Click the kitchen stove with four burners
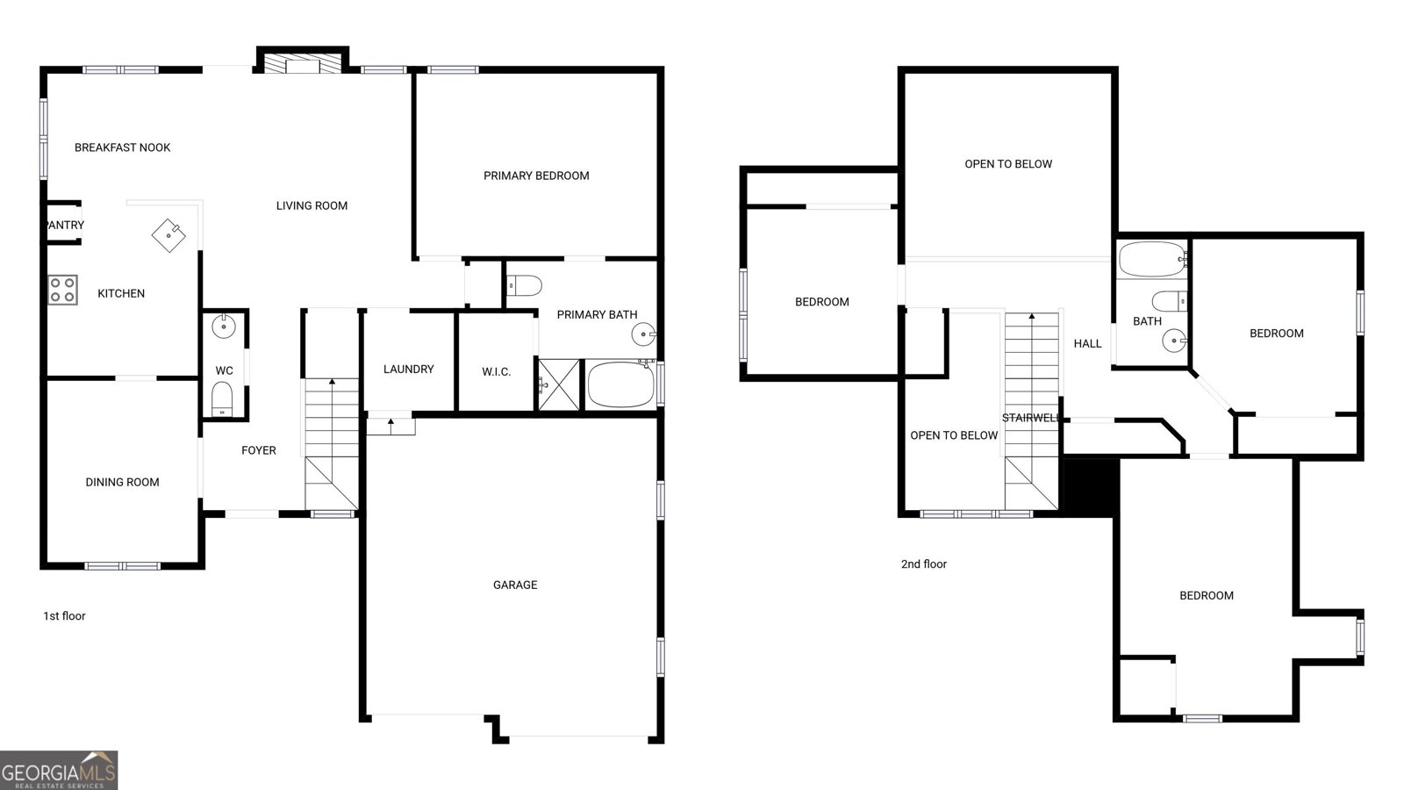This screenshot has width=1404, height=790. pos(62,290)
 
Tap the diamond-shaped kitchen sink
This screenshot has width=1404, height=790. pos(168,235)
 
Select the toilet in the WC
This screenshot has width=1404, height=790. pos(222,399)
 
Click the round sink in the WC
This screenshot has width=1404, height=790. pos(223,326)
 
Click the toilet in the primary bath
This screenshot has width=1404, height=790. pos(524,286)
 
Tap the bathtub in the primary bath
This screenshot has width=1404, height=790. pos(620,384)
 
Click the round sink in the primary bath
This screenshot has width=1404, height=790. pos(643,334)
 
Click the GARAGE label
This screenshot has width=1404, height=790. pos(515,585)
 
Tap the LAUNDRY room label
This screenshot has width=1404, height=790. pos(409,370)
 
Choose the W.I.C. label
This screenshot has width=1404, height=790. pos(497,372)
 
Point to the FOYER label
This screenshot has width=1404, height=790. pos(259,450)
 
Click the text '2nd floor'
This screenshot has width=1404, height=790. pos(924,564)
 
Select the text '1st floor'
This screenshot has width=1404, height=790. pos(64,615)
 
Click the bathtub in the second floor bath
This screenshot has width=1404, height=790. pos(1152,259)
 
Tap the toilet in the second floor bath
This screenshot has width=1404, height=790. pos(1170,301)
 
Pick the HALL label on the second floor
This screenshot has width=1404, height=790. pos(1087,343)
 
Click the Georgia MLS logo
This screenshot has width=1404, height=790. pos(59,770)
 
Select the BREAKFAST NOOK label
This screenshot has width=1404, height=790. pos(122,147)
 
